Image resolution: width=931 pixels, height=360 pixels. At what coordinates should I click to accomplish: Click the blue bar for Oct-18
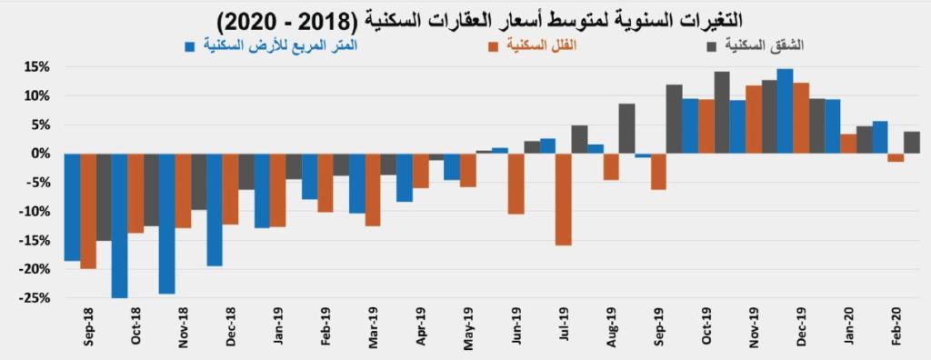[119, 225]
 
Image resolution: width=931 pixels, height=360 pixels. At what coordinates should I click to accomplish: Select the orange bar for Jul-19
[563, 199]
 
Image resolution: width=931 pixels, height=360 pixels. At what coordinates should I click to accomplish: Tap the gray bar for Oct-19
[722, 112]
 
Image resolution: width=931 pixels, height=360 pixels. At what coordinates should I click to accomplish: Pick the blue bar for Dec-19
[785, 111]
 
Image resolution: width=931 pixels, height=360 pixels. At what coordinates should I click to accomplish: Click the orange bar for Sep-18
[88, 210]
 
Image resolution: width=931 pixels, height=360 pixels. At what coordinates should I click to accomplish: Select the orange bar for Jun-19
[516, 184]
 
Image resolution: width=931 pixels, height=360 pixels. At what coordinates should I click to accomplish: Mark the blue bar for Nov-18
[166, 223]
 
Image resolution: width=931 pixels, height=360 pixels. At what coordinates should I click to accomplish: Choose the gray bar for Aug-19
[626, 128]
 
